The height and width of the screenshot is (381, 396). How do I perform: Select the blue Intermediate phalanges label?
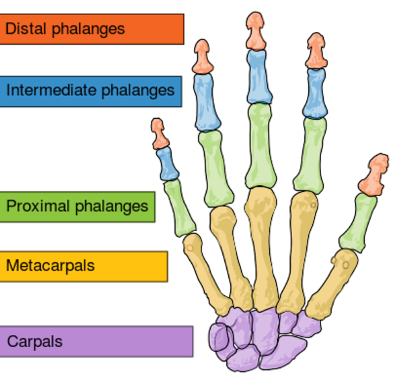coord(90,91)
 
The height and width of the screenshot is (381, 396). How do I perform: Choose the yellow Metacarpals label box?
coord(83,266)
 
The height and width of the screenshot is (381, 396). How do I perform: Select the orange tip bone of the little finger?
coord(158,133)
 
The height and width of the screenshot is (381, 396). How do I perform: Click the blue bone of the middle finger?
coord(257,77)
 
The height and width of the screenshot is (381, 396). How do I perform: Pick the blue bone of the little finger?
coord(168,164)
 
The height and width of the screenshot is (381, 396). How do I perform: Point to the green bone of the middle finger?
coord(259,146)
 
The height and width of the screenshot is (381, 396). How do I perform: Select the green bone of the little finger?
coord(179,207)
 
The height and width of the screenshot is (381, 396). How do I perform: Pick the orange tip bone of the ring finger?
coord(203,57)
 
